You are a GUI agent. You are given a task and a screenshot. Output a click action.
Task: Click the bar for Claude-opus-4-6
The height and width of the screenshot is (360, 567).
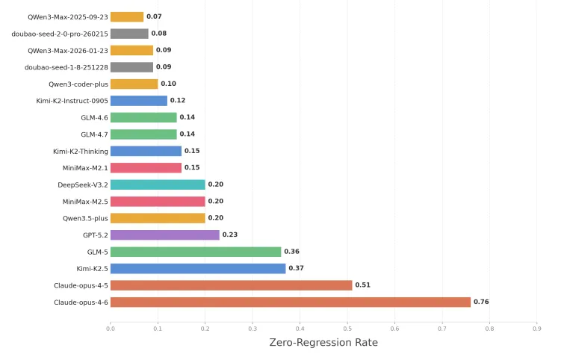pos(291,302)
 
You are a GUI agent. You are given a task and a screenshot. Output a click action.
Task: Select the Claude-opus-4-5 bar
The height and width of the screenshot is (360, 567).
pos(232,285)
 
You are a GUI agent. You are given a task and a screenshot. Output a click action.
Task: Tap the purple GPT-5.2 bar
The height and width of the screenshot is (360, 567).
pos(165,235)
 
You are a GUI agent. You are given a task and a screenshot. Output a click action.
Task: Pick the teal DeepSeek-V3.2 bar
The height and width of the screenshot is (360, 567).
pos(158,184)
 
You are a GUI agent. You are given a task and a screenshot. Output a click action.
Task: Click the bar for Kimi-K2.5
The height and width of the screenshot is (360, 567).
pos(198,269)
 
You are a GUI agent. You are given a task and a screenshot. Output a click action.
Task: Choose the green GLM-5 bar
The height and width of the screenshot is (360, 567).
pos(196,252)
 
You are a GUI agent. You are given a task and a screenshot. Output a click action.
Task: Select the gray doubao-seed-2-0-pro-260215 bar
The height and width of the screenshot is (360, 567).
pos(129,34)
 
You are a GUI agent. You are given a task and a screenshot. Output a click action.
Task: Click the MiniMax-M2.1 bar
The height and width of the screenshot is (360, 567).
pos(146,168)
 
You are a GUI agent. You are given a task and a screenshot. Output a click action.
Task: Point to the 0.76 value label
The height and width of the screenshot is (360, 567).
pos(481,302)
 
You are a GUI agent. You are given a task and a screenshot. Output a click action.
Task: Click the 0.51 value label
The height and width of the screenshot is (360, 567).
pos(363,285)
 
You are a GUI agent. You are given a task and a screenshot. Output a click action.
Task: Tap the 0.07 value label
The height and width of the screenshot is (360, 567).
pos(154,16)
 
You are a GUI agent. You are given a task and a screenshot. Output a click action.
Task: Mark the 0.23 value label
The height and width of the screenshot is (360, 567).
pos(230,235)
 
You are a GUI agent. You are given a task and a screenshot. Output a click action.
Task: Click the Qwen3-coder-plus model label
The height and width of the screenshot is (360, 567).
pos(78,84)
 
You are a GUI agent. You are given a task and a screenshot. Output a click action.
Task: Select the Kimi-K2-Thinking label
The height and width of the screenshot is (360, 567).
pos(81,152)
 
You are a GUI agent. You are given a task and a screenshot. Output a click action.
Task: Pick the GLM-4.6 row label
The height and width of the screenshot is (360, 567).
pos(94,118)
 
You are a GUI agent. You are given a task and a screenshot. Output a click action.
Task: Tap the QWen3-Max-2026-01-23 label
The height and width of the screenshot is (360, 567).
pos(68,51)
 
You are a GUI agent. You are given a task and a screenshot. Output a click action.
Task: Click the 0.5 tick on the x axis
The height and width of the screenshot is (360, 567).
pos(347,329)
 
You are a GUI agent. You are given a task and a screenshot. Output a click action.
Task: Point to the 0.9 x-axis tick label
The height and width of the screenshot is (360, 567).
pos(537,329)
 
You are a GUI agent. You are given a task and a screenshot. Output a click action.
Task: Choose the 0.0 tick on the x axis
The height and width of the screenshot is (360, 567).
pos(111,329)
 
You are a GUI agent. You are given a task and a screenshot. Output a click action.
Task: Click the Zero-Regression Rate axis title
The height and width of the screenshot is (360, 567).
pos(323,343)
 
